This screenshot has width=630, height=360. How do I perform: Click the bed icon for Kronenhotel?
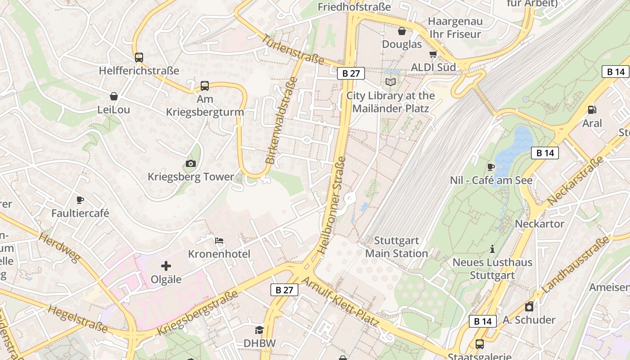click(219, 240)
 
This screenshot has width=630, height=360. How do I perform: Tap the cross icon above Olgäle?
click(166, 266)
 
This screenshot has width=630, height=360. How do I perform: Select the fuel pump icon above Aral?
click(592, 110)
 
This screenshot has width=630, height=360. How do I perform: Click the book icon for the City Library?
click(390, 82)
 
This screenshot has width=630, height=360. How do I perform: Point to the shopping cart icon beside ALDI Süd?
click(433, 54)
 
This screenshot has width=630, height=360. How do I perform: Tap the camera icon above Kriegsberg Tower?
click(191, 163)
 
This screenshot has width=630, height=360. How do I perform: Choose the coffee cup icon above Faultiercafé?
click(80, 200)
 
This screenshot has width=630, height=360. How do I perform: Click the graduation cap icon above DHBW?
click(259, 330)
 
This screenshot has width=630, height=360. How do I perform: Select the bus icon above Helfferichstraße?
click(139, 58)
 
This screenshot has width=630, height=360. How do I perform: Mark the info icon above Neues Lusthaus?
click(492, 249)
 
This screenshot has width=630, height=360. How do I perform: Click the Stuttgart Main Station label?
click(396, 247)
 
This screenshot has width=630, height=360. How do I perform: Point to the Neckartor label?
click(539, 224)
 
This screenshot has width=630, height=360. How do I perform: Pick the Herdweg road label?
click(59, 247)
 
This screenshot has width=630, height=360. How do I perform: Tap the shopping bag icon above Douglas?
click(402, 31)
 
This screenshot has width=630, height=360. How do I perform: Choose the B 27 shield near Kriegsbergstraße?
click(284, 290)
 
